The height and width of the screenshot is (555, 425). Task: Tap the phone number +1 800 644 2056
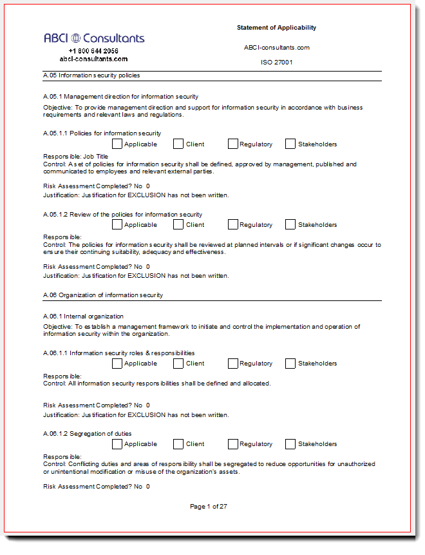coord(93,51)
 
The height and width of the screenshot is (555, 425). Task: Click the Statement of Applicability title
coord(276,28)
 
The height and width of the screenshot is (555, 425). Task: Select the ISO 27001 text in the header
coord(276,63)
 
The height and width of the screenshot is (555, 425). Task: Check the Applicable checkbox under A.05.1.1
coord(117,144)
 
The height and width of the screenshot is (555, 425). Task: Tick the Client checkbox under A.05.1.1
coord(178,144)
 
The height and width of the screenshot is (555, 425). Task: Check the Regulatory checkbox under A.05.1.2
coord(233,224)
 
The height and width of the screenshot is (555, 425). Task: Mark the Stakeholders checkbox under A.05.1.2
coord(290,224)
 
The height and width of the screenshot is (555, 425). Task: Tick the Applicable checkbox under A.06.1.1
coord(117,364)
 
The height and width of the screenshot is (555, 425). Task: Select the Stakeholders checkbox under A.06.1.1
coord(290,364)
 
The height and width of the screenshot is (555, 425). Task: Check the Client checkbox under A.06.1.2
coord(178,444)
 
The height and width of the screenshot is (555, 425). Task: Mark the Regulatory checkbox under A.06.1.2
coord(233,444)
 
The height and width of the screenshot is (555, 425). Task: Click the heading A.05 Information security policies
coord(91,75)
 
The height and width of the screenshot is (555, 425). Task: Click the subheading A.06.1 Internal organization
coord(83,316)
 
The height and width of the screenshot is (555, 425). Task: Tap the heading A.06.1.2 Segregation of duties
coord(87,434)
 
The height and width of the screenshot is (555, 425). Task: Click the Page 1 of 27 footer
coord(209,507)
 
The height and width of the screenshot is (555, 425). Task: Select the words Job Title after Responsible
coord(96,157)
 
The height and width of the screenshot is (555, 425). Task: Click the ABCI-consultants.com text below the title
coord(277,48)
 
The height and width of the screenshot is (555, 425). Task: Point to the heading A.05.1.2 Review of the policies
coord(122,215)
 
